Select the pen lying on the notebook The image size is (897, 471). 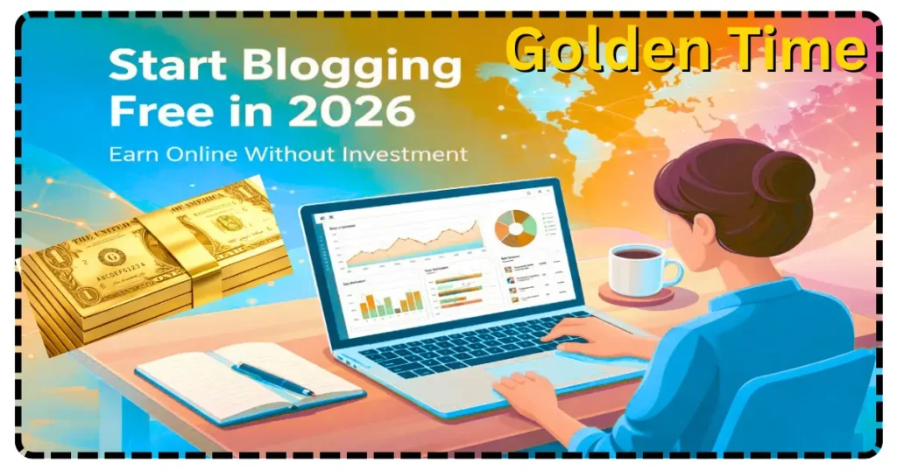272,378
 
